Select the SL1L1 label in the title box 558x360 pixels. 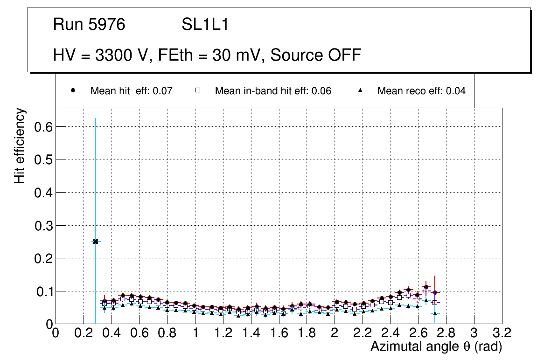(x=205, y=25)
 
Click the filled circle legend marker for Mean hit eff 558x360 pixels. (x=73, y=91)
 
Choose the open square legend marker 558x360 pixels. (x=198, y=91)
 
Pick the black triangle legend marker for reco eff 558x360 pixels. (x=360, y=91)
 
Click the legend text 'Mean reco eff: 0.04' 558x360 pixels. (x=421, y=91)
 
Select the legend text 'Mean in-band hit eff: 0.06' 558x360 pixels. (x=273, y=91)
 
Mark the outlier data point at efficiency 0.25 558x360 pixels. (x=96, y=242)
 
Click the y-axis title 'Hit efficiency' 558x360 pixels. (x=20, y=146)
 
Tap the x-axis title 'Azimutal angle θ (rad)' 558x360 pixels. (x=436, y=347)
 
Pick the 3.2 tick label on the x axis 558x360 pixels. (x=502, y=333)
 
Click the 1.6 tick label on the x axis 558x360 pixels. (x=279, y=333)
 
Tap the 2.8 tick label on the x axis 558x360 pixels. (x=446, y=333)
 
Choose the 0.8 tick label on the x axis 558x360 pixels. (x=167, y=333)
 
